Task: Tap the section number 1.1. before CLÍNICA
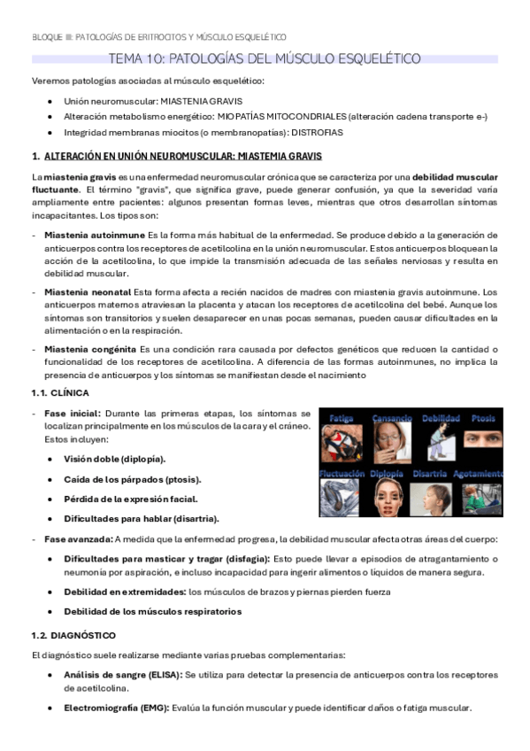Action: pyautogui.click(x=42, y=391)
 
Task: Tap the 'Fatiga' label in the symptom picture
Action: pyautogui.click(x=341, y=417)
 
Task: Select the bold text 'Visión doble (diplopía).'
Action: pyautogui.click(x=114, y=459)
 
